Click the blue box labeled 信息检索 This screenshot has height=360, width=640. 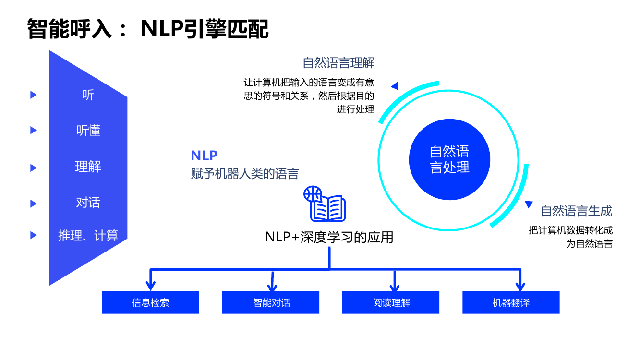click(x=150, y=302)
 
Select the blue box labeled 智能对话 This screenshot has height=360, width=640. click(x=271, y=302)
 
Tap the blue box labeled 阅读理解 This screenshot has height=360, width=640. click(x=391, y=302)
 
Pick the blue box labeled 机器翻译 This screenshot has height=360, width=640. click(x=511, y=302)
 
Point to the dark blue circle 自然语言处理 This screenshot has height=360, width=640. click(x=449, y=159)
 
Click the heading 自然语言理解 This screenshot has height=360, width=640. click(x=338, y=63)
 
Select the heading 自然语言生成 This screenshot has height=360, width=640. click(x=576, y=211)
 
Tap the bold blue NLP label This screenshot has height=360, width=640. click(x=204, y=156)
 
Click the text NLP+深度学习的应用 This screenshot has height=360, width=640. click(x=329, y=237)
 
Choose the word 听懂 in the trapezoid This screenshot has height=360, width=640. click(x=88, y=131)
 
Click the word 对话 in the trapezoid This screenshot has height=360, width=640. click(x=88, y=203)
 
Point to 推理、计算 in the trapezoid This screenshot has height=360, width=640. click(x=88, y=235)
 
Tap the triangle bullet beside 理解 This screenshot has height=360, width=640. click(x=34, y=168)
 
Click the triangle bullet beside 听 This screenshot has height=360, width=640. click(x=34, y=95)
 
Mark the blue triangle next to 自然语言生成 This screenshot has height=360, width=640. click(x=529, y=204)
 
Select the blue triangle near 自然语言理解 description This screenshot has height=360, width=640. click(x=395, y=86)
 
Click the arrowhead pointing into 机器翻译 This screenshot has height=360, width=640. click(x=519, y=288)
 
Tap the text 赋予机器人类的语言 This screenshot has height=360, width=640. click(x=245, y=173)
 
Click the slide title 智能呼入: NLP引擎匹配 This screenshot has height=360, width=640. click(x=148, y=29)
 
